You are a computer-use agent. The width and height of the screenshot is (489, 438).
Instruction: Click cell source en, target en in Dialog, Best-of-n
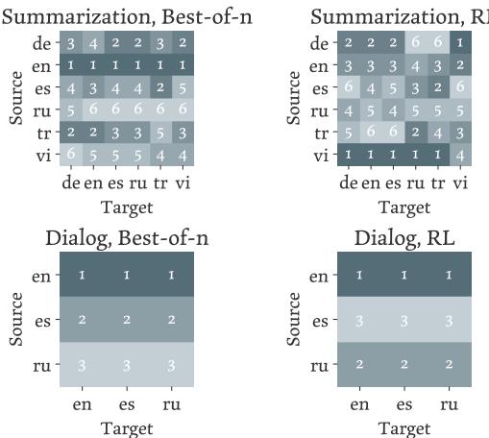83,276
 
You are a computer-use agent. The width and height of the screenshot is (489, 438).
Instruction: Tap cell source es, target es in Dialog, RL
404,320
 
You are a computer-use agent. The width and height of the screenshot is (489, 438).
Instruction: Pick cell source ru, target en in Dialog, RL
359,365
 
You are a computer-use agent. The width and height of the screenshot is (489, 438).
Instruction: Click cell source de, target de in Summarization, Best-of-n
71,43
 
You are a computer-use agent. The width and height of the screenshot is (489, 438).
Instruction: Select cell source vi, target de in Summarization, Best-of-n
71,153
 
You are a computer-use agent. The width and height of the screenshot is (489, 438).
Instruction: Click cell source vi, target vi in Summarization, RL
461,153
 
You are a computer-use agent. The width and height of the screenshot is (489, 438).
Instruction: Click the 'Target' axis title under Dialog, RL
404,427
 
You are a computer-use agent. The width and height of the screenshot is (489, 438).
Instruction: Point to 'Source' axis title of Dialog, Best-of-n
16,320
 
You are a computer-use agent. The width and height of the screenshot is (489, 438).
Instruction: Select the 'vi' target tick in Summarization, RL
461,182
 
